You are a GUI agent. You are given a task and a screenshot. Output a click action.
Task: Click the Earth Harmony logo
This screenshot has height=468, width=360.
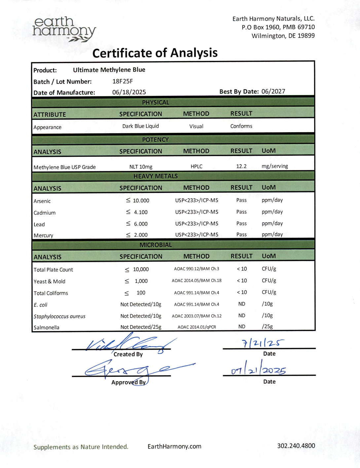[64, 29]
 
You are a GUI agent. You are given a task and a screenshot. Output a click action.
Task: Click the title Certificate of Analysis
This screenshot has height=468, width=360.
[155, 53]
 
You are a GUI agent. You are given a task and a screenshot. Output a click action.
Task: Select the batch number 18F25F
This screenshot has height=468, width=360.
[123, 81]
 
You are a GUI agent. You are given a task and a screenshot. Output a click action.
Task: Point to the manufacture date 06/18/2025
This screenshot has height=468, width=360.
[129, 92]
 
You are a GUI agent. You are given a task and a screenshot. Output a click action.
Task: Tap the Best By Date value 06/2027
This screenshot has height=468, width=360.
[273, 92]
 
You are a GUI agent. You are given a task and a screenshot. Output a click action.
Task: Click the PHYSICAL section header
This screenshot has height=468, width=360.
[156, 102]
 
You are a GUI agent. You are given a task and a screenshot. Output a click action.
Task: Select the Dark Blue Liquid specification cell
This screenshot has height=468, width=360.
[141, 126]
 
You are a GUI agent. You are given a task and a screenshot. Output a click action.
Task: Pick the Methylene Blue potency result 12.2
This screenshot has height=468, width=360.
[241, 166]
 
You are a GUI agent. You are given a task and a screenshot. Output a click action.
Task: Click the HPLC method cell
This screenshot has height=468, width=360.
[197, 167]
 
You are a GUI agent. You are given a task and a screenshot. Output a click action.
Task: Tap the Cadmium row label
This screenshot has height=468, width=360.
[45, 213]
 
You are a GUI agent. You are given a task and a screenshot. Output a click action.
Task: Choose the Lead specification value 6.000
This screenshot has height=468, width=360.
[141, 224]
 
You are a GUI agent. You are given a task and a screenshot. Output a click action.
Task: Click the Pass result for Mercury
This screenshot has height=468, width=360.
[241, 235]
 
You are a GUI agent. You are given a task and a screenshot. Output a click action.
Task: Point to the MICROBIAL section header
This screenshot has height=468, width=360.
[156, 245]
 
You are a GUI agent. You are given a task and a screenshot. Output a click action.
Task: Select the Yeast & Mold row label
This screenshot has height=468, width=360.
[50, 282]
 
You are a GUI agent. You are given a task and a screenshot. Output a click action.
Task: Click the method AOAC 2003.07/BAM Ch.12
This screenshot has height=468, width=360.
[197, 316]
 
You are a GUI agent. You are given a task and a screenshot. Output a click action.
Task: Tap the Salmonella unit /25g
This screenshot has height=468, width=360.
[267, 327]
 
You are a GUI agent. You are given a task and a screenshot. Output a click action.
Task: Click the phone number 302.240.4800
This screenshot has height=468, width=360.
[296, 446]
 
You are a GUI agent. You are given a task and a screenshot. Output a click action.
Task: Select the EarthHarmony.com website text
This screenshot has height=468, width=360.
[174, 447]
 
